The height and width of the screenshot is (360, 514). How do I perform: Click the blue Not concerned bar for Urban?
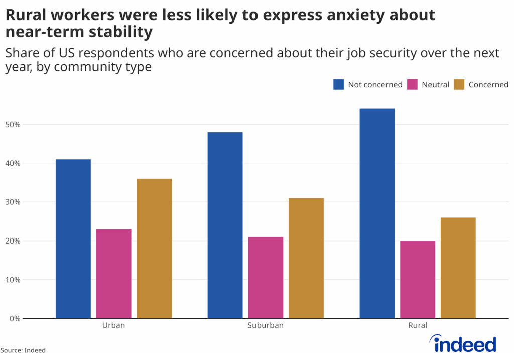(73, 238)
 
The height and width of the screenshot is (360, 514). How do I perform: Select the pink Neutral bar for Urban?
(114, 274)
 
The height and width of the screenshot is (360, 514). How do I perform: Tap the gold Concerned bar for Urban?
(154, 249)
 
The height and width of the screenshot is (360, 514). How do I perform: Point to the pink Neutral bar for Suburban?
(266, 278)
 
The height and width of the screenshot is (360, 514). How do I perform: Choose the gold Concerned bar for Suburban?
(306, 258)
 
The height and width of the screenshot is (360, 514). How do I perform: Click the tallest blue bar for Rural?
(377, 213)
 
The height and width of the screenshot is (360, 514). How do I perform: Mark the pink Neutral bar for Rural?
(418, 280)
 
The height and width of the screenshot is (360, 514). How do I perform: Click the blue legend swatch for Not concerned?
(338, 84)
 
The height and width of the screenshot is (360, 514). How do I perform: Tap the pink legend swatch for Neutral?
(412, 84)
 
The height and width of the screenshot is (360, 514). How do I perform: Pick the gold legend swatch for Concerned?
(459, 84)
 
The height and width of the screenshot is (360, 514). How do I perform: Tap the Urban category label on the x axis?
(113, 325)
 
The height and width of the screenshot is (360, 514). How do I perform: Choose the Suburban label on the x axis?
(266, 325)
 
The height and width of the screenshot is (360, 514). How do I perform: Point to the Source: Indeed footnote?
(23, 350)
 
